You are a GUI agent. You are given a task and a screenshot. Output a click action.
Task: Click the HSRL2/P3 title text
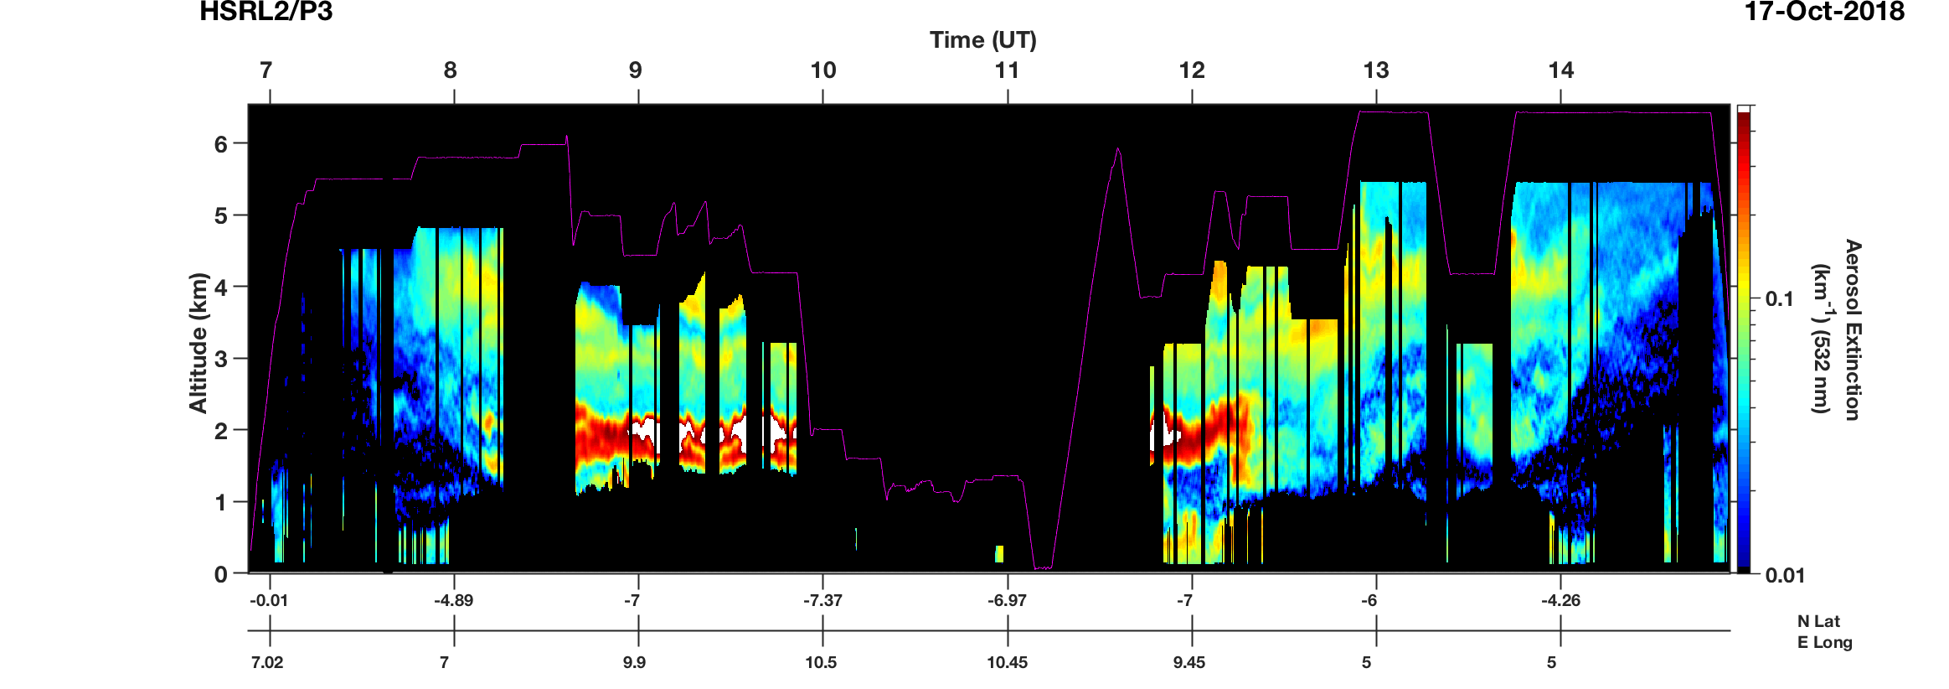pos(266,12)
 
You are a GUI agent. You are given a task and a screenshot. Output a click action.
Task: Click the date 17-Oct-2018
pos(1824,12)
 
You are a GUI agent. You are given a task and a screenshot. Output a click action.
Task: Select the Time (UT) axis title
pos(982,40)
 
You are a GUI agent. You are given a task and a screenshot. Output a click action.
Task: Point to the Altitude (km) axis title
pos(199,342)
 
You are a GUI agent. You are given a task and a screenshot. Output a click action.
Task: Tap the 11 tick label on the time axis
pos(1007,70)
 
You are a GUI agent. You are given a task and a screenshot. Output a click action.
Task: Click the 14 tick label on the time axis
pos(1560,70)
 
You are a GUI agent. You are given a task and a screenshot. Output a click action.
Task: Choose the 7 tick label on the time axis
pos(266,70)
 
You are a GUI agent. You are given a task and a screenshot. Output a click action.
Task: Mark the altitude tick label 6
pos(221,144)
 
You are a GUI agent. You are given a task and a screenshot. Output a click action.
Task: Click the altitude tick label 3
pos(221,359)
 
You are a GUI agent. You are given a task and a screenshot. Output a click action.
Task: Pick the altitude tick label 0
pos(221,574)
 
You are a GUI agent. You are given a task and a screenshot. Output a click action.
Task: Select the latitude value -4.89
pos(453,600)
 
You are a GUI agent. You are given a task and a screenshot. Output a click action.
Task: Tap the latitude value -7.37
pos(822,600)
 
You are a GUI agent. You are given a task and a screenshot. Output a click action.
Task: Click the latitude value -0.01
pos(269,600)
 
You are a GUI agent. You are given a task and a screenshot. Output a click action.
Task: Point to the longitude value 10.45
pos(1007,662)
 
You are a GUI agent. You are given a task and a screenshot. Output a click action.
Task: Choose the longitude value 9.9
pos(634,662)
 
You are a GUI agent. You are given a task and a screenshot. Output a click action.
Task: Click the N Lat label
pos(1818,621)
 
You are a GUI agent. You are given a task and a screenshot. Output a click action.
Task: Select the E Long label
pos(1824,642)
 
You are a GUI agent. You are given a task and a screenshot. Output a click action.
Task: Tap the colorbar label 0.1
pos(1779,299)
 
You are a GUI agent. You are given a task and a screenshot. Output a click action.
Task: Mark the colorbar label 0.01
pos(1785,575)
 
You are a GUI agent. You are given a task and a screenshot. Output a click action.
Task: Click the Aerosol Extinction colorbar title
pos(1852,329)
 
